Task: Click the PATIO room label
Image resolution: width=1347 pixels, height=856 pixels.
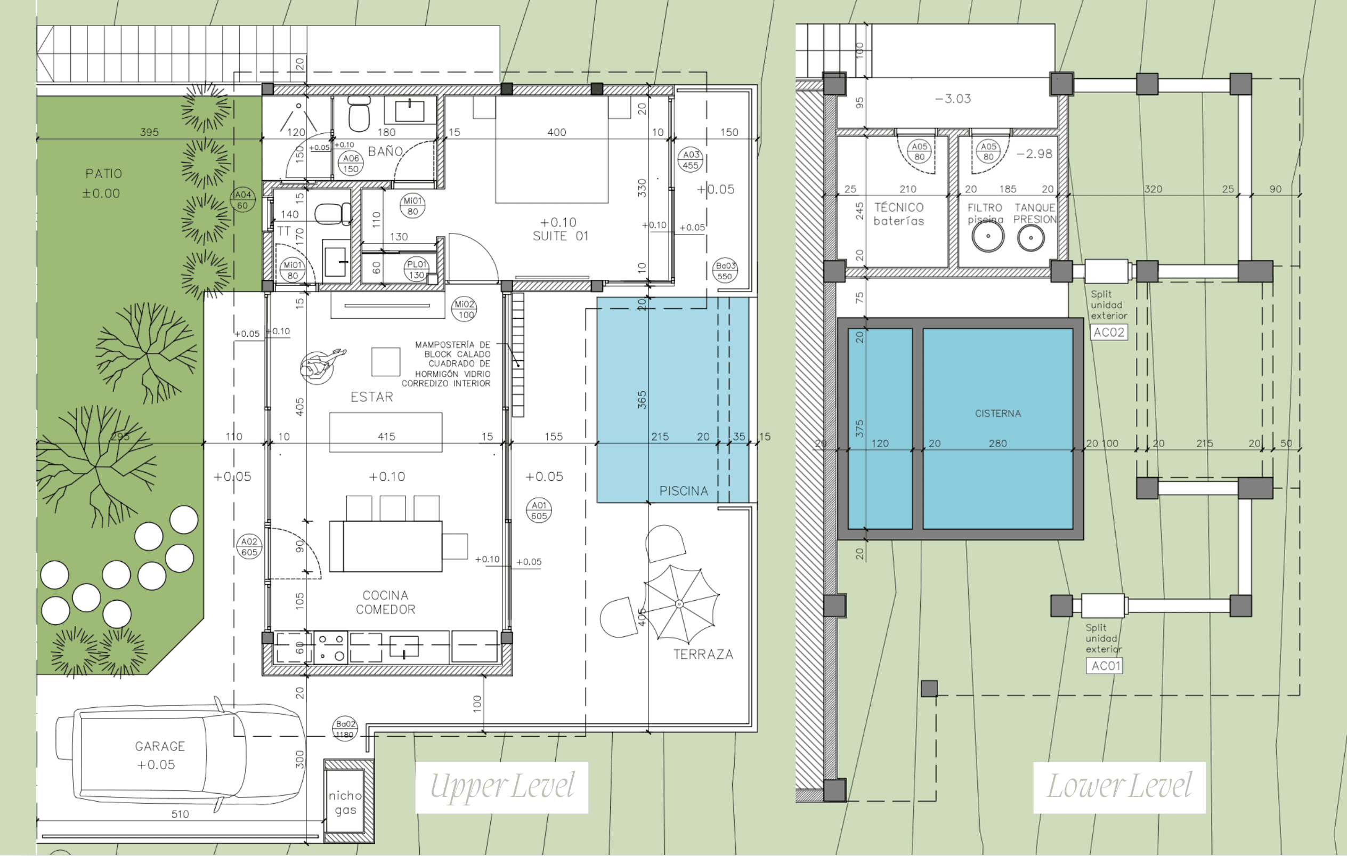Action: click(103, 174)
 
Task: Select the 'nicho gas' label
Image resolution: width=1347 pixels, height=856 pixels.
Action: click(345, 803)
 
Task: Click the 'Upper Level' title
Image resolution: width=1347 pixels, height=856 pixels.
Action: click(501, 787)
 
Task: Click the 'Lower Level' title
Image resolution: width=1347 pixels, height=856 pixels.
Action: click(1119, 787)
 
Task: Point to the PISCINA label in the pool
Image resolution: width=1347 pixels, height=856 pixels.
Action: click(683, 491)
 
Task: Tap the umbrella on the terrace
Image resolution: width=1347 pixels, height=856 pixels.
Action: click(680, 604)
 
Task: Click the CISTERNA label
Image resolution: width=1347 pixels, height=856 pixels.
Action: click(997, 414)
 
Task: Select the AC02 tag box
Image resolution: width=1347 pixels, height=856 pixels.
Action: click(1108, 333)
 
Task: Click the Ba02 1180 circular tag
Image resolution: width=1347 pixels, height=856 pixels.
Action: click(345, 729)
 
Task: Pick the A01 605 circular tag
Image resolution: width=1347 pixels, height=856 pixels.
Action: click(539, 510)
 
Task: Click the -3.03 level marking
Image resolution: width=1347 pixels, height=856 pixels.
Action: click(953, 99)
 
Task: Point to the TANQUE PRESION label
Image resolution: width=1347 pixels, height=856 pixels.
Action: click(1034, 213)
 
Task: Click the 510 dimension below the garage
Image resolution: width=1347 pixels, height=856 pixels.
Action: click(180, 814)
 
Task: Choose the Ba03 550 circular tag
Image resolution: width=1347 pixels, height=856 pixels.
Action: click(725, 271)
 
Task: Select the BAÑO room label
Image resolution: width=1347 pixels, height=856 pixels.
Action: click(385, 151)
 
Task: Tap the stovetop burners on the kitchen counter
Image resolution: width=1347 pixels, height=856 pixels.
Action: click(330, 647)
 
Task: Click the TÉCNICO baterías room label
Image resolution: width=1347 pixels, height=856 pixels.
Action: click(898, 214)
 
